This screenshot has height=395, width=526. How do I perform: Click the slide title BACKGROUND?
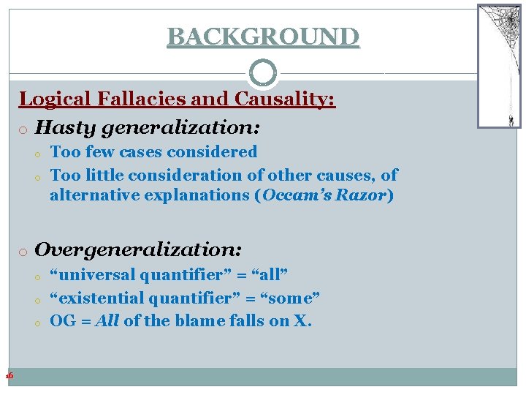coord(263,36)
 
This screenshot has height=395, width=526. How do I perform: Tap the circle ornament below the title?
coord(263,73)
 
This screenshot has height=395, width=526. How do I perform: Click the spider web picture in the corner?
coord(499,66)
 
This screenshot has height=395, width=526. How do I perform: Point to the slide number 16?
coord(9,375)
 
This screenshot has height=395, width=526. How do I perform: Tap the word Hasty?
coord(61,127)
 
